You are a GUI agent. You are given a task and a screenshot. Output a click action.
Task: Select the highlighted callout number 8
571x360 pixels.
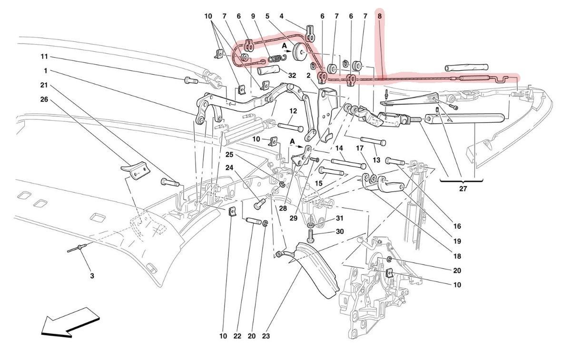click(x=379, y=16)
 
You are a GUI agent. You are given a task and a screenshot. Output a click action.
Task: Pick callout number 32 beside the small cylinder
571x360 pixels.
click(x=292, y=75)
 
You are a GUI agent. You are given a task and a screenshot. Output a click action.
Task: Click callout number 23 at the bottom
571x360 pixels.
click(x=266, y=336)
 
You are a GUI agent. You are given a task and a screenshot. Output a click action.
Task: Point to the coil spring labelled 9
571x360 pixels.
click(x=276, y=58)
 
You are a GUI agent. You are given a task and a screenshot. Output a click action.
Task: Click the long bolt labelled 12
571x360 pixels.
click(x=288, y=127)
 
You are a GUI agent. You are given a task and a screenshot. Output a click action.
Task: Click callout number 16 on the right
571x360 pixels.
click(x=457, y=226)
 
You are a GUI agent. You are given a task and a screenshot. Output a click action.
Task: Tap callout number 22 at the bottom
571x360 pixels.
click(x=237, y=336)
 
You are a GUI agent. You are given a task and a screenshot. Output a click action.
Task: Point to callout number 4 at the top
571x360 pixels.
click(x=282, y=16)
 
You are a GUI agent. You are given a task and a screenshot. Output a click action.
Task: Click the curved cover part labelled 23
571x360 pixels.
click(x=319, y=271)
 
